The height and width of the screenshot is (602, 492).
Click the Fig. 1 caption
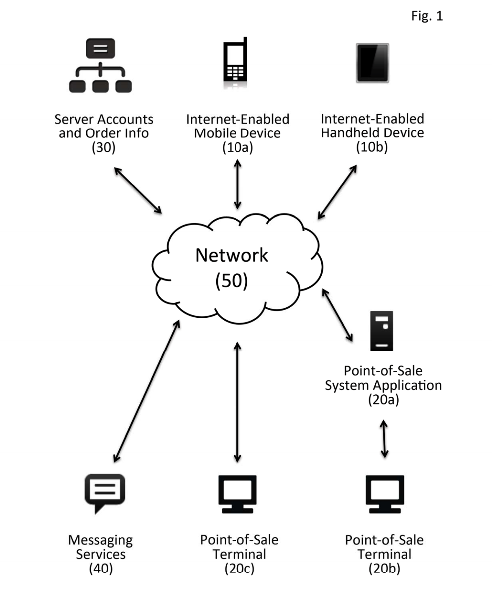pos(427,16)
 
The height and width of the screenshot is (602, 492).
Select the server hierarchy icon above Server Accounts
pos(100,65)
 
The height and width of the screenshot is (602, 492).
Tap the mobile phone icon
pos(236,63)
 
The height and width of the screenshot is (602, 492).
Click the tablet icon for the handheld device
pos(372,63)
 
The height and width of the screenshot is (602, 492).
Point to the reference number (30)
pos(103,147)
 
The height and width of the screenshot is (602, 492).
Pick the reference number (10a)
pos(237,147)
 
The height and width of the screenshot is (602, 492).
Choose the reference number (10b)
pos(372,147)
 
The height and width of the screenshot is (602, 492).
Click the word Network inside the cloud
pos(231,255)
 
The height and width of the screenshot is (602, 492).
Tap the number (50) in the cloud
pos(231,280)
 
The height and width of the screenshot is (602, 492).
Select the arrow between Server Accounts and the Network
pos(138,190)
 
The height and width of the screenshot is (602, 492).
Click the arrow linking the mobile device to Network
pos(238,184)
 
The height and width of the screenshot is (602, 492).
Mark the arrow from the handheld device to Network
pos(337,192)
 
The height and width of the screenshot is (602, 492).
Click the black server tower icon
pos(382,331)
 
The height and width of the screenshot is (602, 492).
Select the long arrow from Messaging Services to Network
pos(147,391)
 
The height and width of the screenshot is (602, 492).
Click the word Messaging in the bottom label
pos(100,540)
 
